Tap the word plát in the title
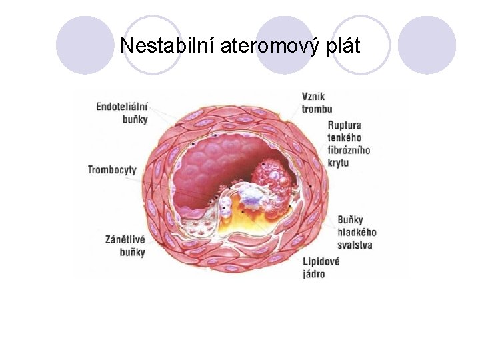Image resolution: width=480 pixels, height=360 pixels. (x=341, y=47)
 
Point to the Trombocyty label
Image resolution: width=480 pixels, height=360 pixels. (x=112, y=169)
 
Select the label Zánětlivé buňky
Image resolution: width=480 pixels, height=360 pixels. (x=125, y=245)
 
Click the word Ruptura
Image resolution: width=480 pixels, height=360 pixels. (x=345, y=125)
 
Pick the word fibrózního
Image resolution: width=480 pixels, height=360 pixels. (x=349, y=150)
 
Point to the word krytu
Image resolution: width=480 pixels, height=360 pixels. (x=339, y=163)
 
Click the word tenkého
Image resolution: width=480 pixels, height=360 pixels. (x=345, y=137)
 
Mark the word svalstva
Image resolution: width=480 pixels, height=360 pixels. (x=355, y=245)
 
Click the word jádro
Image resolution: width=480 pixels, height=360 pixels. (x=314, y=274)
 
